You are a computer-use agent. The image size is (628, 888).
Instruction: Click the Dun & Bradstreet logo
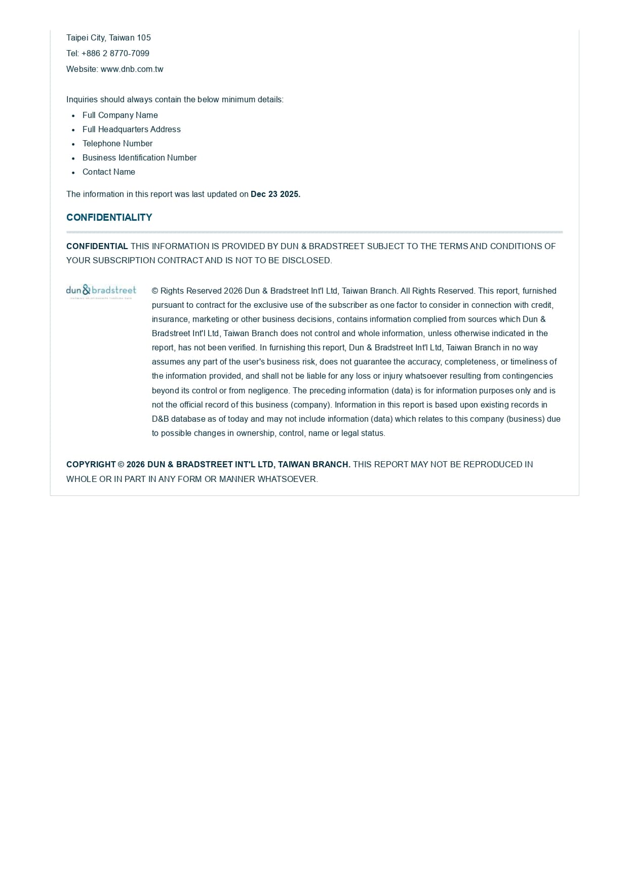[101, 291]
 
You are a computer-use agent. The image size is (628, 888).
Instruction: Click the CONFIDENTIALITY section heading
[109, 218]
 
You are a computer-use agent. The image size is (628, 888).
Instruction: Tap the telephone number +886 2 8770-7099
[115, 53]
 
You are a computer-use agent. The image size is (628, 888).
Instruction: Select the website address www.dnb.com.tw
[132, 69]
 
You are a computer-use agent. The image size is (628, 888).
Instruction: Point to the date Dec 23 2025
[275, 194]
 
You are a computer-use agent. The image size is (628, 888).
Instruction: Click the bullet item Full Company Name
[120, 115]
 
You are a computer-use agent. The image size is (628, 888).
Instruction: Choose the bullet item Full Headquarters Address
[131, 130]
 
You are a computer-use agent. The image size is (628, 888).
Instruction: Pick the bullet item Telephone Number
[117, 144]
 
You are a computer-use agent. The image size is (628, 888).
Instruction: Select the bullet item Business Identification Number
[139, 158]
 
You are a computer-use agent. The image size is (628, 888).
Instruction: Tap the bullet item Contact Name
[108, 172]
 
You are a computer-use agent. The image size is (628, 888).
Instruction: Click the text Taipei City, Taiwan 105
[108, 37]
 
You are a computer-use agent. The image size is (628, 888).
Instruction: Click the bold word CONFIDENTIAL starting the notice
[97, 247]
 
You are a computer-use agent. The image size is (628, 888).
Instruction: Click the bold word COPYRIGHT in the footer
[91, 465]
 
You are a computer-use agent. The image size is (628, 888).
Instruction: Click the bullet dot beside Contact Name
[73, 173]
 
